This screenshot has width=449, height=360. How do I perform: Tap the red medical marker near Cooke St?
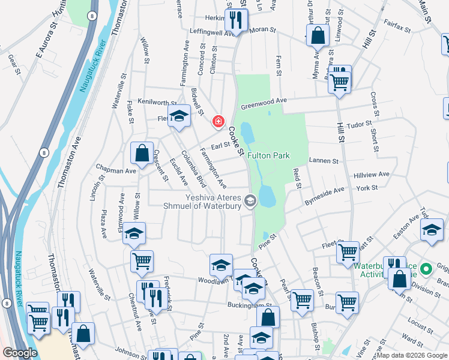pos(218,121)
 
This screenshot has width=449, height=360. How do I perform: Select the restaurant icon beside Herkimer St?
pos(235,20)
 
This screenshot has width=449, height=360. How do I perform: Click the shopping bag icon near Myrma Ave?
pos(318,36)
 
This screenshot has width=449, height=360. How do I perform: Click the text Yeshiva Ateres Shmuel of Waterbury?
pos(201,201)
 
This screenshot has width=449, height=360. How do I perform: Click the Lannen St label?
pos(324,161)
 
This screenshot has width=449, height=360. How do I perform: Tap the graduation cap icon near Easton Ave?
pos(431,230)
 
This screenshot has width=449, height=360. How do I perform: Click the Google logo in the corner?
pos(19,353)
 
